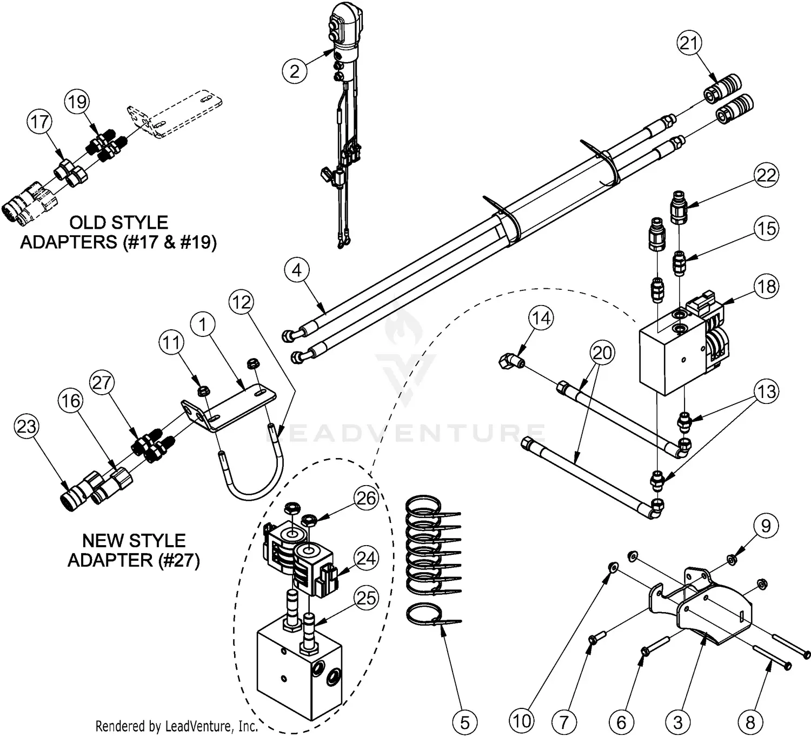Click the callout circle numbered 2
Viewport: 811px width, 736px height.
pos(295,71)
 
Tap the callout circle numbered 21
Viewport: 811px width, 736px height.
pos(690,43)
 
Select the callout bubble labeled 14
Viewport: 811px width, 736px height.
pos(542,318)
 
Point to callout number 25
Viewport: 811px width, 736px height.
pos(367,598)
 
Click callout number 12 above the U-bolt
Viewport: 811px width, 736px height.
pos(241,302)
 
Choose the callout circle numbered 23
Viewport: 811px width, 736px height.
pos(26,427)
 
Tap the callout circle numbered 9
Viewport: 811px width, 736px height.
pos(766,525)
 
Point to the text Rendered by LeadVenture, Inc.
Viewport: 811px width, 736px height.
pos(176,726)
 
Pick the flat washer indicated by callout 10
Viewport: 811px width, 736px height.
pos(613,567)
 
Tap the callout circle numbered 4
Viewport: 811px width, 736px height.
pos(297,270)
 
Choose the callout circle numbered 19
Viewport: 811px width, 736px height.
pos(77,102)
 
